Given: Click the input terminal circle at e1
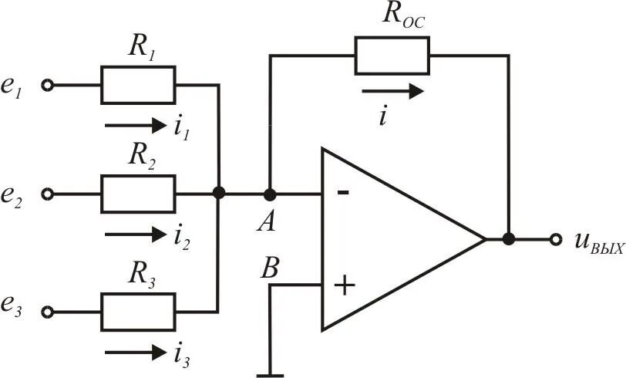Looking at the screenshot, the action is [x=48, y=85].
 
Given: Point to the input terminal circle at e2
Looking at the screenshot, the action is [x=48, y=194].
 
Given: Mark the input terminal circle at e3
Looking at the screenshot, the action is [x=48, y=312].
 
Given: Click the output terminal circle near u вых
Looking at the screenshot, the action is [x=555, y=239].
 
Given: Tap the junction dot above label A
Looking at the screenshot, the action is [x=270, y=194].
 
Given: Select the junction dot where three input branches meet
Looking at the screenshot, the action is [x=218, y=193].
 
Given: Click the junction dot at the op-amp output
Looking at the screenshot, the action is [x=508, y=239].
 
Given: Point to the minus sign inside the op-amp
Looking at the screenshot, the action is [x=343, y=193].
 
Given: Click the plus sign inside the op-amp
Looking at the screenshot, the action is [x=344, y=285].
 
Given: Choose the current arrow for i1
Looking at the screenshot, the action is [x=136, y=126].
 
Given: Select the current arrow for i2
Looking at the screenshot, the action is [x=136, y=235].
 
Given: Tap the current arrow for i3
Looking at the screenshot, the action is [x=136, y=353].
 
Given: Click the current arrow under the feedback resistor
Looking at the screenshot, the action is [x=393, y=92].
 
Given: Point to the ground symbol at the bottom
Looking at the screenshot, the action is [x=270, y=375].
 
